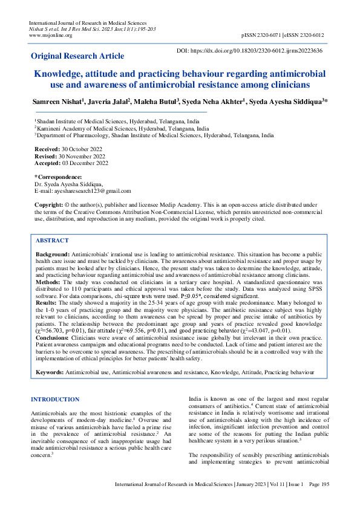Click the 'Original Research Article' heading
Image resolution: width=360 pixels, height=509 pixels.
coord(77,56)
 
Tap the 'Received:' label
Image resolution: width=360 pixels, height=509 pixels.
coord(47,149)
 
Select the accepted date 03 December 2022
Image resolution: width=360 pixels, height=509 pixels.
coord(84,163)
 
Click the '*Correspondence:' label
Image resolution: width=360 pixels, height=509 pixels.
coord(59,177)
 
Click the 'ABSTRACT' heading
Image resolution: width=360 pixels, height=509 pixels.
coord(53,240)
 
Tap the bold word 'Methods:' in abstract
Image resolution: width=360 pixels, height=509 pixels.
coord(49,281)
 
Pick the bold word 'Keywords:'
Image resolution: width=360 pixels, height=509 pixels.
coord(50,373)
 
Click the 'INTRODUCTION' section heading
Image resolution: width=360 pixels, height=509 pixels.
coord(54,400)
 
